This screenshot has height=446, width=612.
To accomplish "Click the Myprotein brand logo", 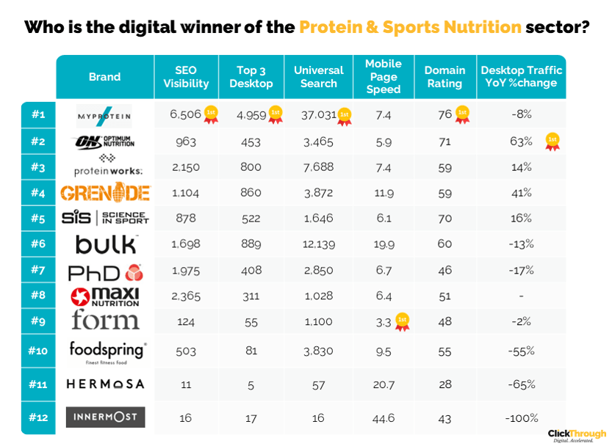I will pyautogui.click(x=104, y=116).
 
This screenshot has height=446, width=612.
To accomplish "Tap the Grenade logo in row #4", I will pyautogui.click(x=104, y=193).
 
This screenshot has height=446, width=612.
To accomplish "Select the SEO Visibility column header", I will pyautogui.click(x=186, y=77).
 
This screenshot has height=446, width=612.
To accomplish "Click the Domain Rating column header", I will pyautogui.click(x=444, y=77).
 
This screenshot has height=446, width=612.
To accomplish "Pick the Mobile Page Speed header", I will pyautogui.click(x=384, y=77).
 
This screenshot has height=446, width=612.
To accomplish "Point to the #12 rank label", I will pyautogui.click(x=38, y=418).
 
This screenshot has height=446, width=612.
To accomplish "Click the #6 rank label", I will pyautogui.click(x=38, y=244).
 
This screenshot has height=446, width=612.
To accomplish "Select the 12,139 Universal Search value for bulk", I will pyautogui.click(x=319, y=244).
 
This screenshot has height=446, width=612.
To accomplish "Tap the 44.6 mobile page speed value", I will pyautogui.click(x=384, y=418).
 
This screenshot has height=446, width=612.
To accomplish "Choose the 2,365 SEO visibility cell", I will pyautogui.click(x=184, y=296).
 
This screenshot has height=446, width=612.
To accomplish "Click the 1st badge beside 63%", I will pyautogui.click(x=552, y=142).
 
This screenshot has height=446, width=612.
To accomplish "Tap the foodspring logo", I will pyautogui.click(x=107, y=351).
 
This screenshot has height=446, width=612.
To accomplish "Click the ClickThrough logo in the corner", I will pyautogui.click(x=577, y=435).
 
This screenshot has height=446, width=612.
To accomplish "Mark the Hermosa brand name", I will pyautogui.click(x=106, y=384).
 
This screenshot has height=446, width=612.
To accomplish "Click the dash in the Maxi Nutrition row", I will pyautogui.click(x=521, y=296).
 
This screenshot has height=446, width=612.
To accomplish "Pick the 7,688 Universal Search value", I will pyautogui.click(x=319, y=167).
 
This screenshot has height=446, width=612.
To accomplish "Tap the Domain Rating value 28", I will pyautogui.click(x=444, y=384).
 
